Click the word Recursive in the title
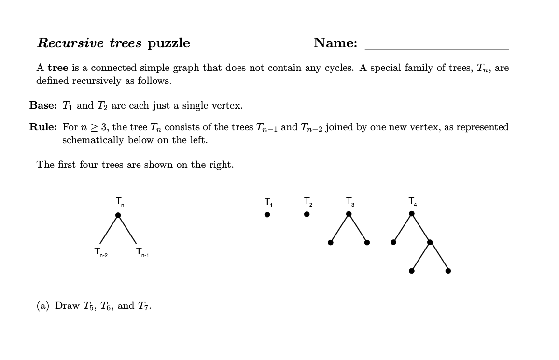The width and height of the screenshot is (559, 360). pyautogui.click(x=70, y=43)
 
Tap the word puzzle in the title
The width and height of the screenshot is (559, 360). pyautogui.click(x=168, y=43)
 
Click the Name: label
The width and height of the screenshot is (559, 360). pyautogui.click(x=335, y=43)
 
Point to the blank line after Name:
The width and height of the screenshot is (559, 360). pyautogui.click(x=436, y=48)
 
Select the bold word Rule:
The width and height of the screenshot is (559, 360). pyautogui.click(x=43, y=127)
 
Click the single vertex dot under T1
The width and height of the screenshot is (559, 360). pyautogui.click(x=267, y=215)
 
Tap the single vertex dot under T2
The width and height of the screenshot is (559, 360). pyautogui.click(x=307, y=214)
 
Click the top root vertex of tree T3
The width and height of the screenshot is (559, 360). pyautogui.click(x=349, y=214)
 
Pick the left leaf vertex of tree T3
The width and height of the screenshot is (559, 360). pyautogui.click(x=331, y=242)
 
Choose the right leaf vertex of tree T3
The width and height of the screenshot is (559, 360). pyautogui.click(x=367, y=242)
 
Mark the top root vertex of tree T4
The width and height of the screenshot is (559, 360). pyautogui.click(x=412, y=213)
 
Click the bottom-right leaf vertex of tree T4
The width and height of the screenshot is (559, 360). pyautogui.click(x=448, y=271)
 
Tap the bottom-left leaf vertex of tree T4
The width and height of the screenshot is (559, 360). pyautogui.click(x=411, y=271)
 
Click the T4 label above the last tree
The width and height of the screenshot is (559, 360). pyautogui.click(x=412, y=201)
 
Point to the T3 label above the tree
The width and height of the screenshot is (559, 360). pyautogui.click(x=350, y=201)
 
